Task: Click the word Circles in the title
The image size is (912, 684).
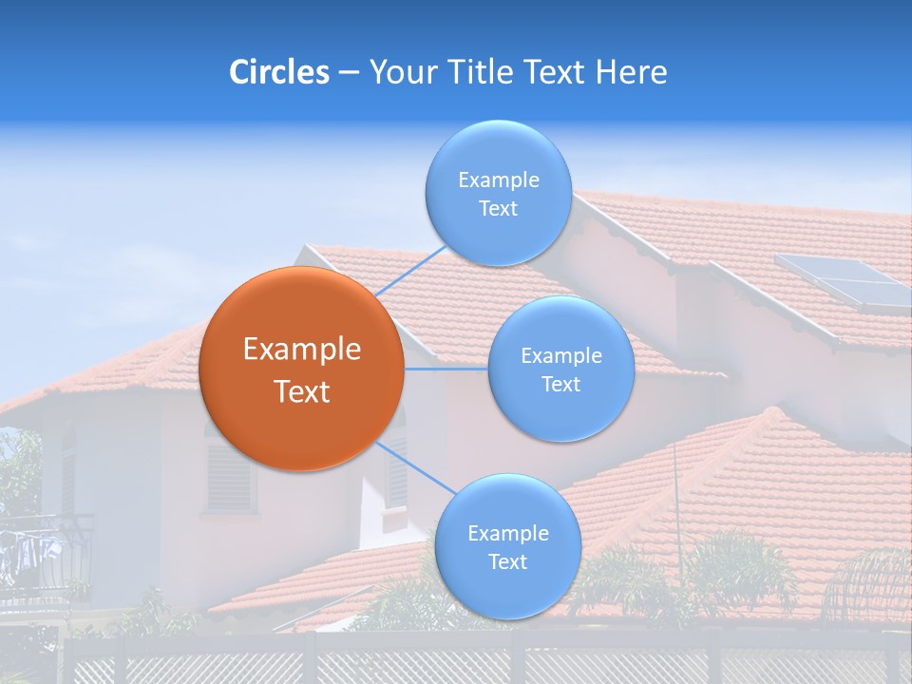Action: tap(278, 72)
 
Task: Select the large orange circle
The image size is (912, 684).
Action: tap(301, 369)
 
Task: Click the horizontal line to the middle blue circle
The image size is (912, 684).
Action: tap(446, 369)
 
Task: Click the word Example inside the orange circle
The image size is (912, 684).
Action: tap(301, 350)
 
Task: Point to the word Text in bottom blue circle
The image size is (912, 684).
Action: tap(507, 561)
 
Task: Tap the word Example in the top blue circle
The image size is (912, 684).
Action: tap(498, 180)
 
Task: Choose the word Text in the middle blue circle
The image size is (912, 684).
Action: tap(560, 384)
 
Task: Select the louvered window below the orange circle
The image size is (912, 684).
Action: tap(231, 478)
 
